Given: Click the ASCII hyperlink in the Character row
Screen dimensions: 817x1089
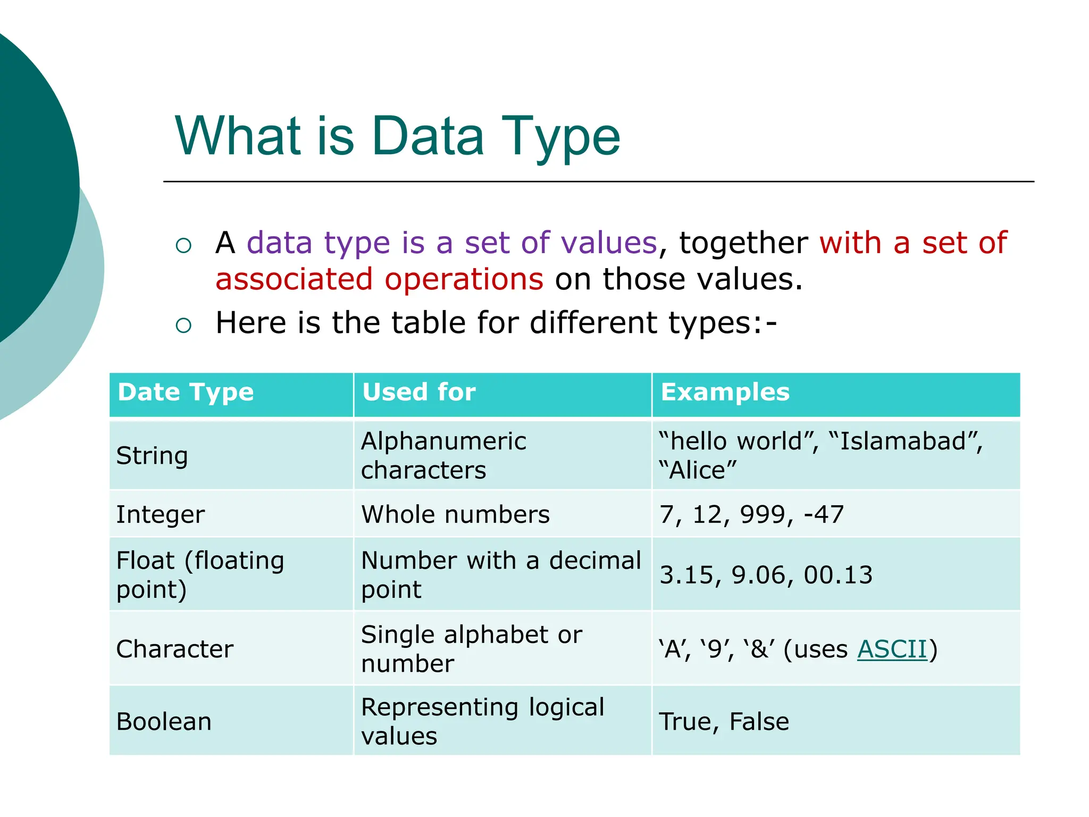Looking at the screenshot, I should pyautogui.click(x=892, y=649).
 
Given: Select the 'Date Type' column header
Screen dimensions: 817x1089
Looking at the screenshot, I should pyautogui.click(x=186, y=393).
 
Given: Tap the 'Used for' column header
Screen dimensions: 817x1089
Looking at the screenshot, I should pyautogui.click(x=419, y=393).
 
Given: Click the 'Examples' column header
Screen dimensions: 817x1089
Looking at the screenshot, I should pyautogui.click(x=725, y=393).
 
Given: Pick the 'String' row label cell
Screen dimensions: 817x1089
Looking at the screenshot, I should pyautogui.click(x=152, y=456).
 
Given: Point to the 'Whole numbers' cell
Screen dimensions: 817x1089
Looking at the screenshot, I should pyautogui.click(x=455, y=515).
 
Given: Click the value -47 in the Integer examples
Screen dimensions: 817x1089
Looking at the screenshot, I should pyautogui.click(x=824, y=515).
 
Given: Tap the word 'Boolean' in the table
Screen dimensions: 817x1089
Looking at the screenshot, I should pyautogui.click(x=164, y=722).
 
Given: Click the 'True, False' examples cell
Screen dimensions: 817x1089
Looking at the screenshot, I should pyautogui.click(x=724, y=722).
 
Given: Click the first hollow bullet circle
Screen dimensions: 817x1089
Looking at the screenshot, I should pyautogui.click(x=183, y=245).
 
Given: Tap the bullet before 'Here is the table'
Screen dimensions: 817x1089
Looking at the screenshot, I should pyautogui.click(x=183, y=325).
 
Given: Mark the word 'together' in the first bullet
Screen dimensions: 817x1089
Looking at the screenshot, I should pyautogui.click(x=743, y=244).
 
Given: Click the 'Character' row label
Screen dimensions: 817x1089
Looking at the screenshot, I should pyautogui.click(x=175, y=649).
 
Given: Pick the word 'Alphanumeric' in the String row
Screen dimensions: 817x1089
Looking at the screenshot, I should pyautogui.click(x=443, y=441).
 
